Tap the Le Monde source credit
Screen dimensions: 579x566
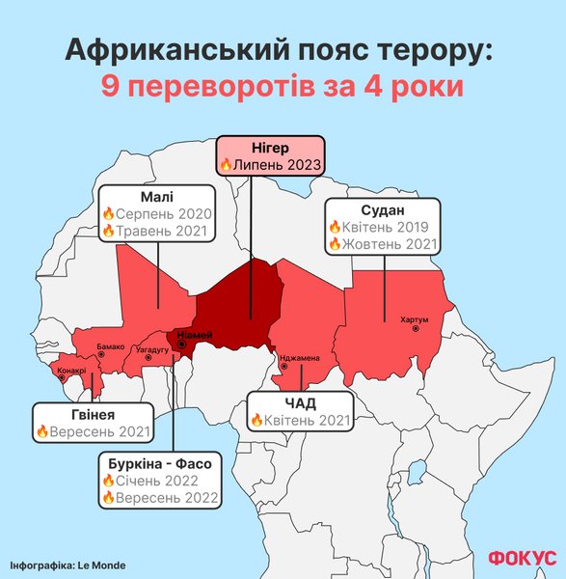click(67, 565)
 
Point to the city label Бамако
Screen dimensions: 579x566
click(111, 346)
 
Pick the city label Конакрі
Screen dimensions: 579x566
click(72, 370)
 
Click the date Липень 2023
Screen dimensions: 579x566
click(275, 165)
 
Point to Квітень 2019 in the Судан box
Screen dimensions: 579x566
click(390, 227)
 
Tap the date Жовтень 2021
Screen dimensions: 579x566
click(390, 244)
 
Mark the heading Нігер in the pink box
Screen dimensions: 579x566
click(268, 147)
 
